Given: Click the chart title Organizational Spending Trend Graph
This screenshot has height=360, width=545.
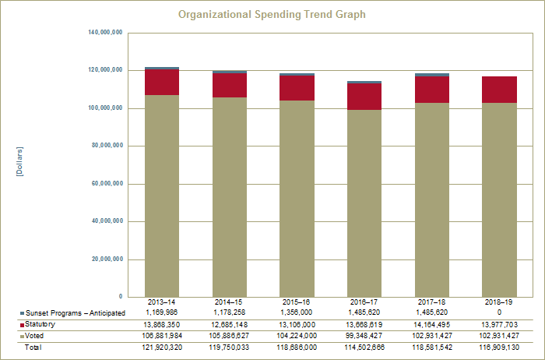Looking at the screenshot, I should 272,15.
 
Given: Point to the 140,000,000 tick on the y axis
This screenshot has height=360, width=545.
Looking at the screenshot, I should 106,33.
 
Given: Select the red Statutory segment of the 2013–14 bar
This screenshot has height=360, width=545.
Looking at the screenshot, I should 162,83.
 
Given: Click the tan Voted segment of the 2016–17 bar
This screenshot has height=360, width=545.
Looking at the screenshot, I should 364,203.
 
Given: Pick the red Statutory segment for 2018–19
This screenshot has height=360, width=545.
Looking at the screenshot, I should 499,90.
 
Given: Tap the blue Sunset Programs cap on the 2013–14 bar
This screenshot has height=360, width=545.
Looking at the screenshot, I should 162,69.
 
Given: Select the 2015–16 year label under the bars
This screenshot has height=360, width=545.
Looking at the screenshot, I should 297,302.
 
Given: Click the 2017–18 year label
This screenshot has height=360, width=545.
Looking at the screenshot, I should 431,302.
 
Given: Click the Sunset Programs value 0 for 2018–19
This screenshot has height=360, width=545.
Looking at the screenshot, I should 499,312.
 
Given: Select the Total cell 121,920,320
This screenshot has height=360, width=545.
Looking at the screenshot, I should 162,348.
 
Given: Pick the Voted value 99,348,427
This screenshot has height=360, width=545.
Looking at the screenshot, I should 364,336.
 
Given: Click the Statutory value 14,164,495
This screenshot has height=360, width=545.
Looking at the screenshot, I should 431,324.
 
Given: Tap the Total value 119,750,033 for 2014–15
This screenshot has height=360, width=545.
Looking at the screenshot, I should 230,348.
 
